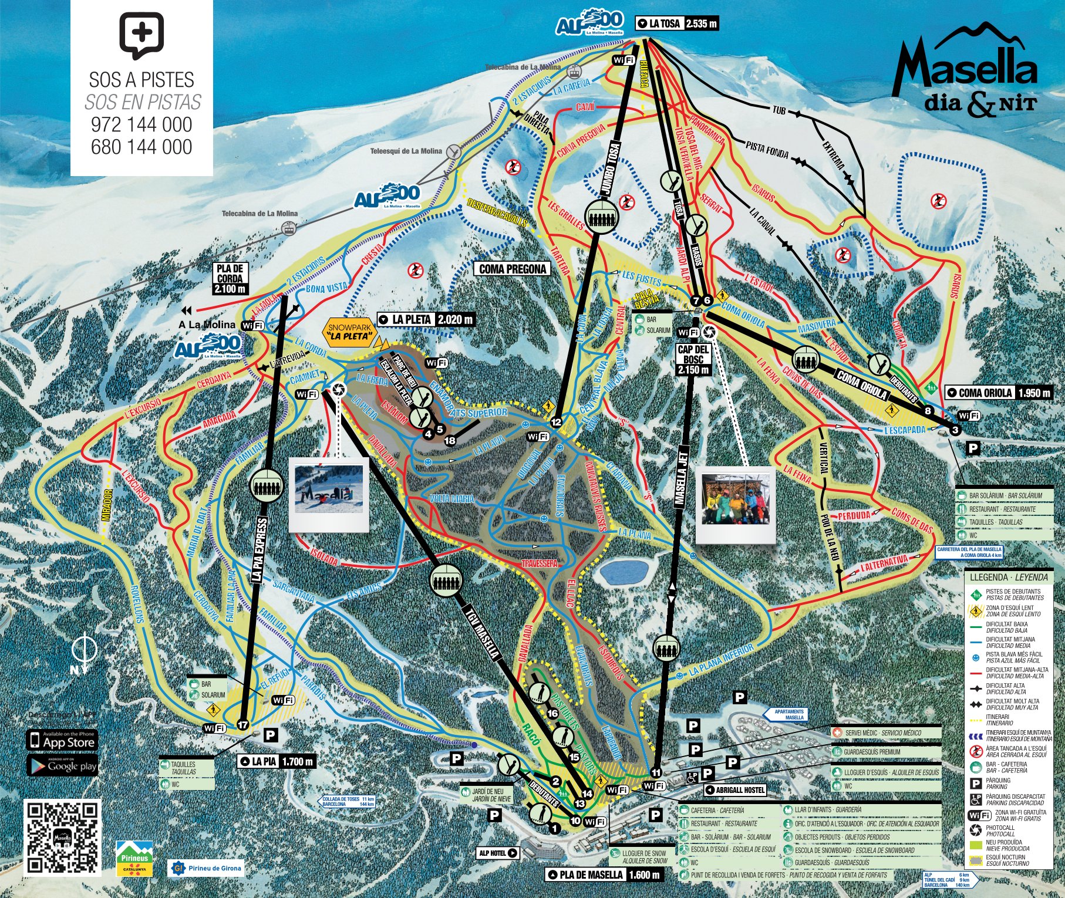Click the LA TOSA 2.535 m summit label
click(677, 23)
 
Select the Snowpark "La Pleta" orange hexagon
click(350, 332)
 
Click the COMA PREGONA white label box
click(513, 269)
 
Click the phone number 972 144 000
click(141, 124)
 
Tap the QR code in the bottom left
click(63, 836)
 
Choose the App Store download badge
click(62, 741)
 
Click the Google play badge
click(62, 766)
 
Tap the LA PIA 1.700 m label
click(276, 761)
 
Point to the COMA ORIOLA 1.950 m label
click(998, 393)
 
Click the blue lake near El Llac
click(625, 570)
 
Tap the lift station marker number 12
click(556, 421)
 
